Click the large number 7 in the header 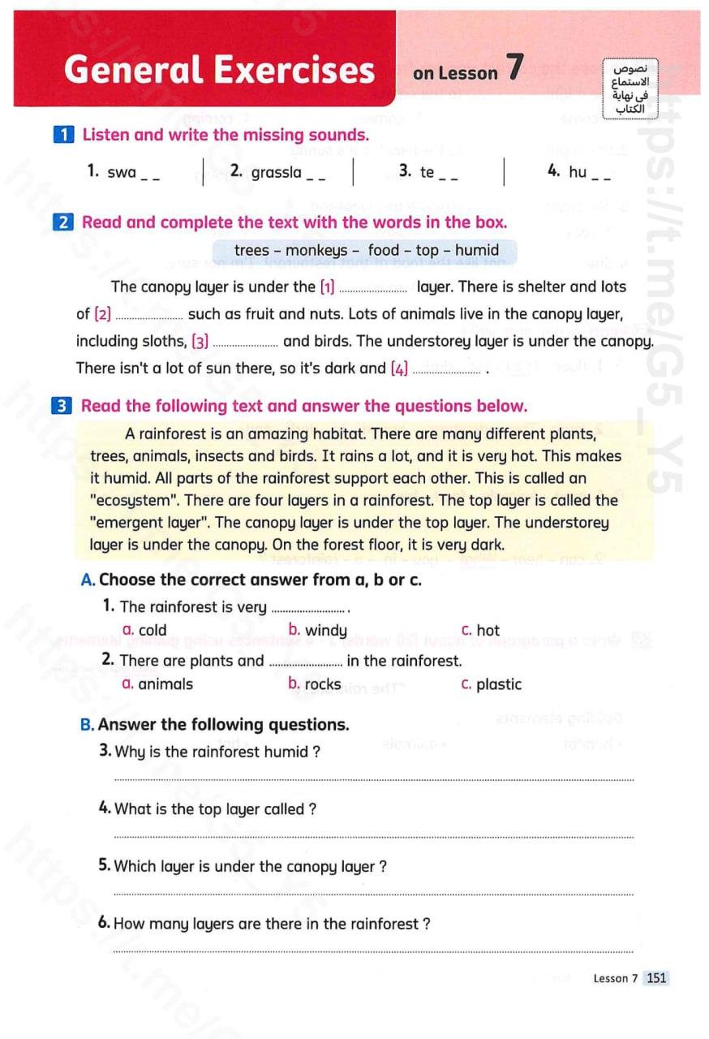[x=514, y=68]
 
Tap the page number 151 [x=656, y=978]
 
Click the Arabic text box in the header [x=630, y=86]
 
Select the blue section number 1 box [x=63, y=135]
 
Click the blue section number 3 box [x=63, y=406]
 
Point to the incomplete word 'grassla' [x=277, y=172]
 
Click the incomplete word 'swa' [x=122, y=172]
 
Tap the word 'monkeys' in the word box [x=316, y=251]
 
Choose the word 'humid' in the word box [x=477, y=251]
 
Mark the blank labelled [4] [x=447, y=369]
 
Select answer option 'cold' [x=153, y=631]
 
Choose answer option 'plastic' [x=499, y=684]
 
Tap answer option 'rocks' [x=323, y=684]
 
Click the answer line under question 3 [x=373, y=779]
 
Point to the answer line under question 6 [x=373, y=951]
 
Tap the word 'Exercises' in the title [x=299, y=70]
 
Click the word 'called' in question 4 [x=284, y=809]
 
